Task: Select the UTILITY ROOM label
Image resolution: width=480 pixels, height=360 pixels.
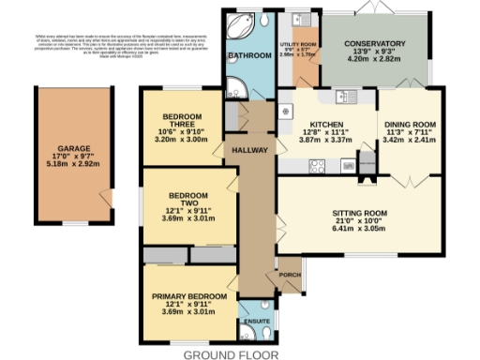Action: pyautogui.click(x=298, y=43)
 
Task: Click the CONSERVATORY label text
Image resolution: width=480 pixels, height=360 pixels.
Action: pyautogui.click(x=373, y=44)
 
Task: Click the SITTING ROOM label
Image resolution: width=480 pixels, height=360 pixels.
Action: pyautogui.click(x=359, y=213)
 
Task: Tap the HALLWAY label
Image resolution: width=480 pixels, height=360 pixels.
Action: pyautogui.click(x=250, y=150)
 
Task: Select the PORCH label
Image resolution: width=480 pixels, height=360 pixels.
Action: pyautogui.click(x=290, y=275)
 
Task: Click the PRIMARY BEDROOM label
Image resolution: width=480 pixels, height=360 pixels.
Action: pyautogui.click(x=189, y=296)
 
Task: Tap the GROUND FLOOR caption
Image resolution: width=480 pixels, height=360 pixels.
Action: pyautogui.click(x=231, y=354)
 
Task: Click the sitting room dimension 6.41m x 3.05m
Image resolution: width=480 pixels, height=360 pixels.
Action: pyautogui.click(x=359, y=228)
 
